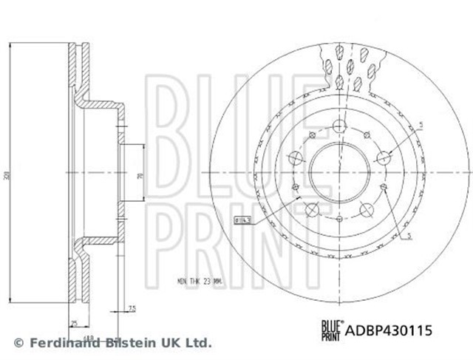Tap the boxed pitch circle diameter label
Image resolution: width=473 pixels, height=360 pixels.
(242, 219)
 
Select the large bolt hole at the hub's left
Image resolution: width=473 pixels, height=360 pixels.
(294, 157)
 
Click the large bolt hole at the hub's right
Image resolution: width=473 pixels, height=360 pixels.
(384, 157)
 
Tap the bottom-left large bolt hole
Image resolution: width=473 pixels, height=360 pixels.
(311, 209)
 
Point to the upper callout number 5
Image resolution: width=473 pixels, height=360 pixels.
(421, 126)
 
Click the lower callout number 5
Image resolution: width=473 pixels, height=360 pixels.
(408, 236)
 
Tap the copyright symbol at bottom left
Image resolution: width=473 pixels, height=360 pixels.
(19, 343)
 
